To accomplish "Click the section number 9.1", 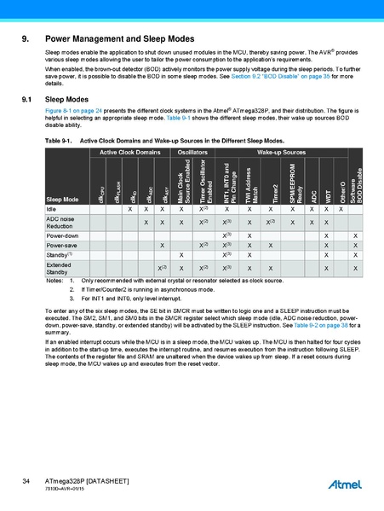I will click(25, 100).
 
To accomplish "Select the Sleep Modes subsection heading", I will click(69, 100).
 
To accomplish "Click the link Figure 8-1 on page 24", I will click(72, 111).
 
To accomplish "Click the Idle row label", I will click(52, 209).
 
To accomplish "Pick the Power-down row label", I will click(62, 235).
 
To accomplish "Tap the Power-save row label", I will click(60, 245).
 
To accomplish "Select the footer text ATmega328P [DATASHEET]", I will click(86, 482).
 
